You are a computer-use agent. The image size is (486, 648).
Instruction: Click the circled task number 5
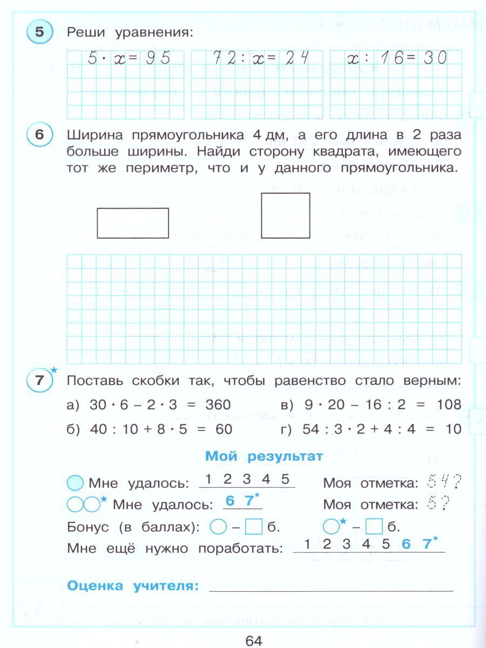click(x=39, y=32)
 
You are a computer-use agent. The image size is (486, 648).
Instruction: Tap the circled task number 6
click(x=39, y=135)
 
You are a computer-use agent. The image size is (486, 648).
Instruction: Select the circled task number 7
click(x=39, y=380)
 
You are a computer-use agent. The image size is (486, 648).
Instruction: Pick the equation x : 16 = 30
click(x=397, y=58)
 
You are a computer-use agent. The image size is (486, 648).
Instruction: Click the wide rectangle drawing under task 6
click(x=133, y=222)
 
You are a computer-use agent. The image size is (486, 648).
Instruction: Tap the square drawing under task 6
click(x=285, y=215)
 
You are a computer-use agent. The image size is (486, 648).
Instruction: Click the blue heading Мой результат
click(x=264, y=456)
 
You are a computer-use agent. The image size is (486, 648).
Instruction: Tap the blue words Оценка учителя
click(x=132, y=586)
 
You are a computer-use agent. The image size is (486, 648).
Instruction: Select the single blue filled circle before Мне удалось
click(x=76, y=482)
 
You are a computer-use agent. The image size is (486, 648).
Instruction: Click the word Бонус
click(x=87, y=526)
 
